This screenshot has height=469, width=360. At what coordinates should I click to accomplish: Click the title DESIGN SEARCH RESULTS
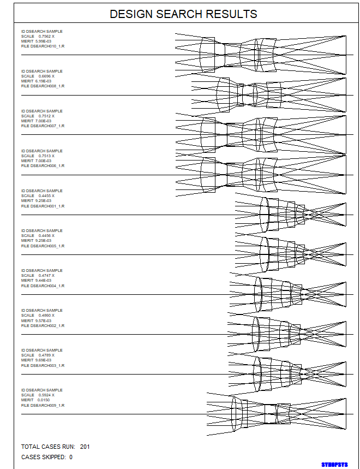pyautogui.click(x=183, y=14)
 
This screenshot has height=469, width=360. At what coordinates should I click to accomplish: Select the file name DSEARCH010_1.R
pyautogui.click(x=47, y=46)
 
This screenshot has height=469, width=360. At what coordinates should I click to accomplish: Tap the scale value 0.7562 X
pyautogui.click(x=46, y=37)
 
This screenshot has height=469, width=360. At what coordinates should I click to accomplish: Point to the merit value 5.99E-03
pyautogui.click(x=43, y=41)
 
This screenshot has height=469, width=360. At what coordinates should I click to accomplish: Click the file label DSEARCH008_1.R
pyautogui.click(x=47, y=86)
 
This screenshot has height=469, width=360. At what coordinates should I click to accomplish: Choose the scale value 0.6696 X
pyautogui.click(x=46, y=76)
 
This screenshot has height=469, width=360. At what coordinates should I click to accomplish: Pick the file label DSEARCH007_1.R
pyautogui.click(x=47, y=126)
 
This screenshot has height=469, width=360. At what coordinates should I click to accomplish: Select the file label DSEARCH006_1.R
pyautogui.click(x=47, y=166)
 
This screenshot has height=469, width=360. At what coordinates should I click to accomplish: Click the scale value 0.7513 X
pyautogui.click(x=46, y=156)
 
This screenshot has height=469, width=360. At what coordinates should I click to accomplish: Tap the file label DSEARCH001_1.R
pyautogui.click(x=47, y=206)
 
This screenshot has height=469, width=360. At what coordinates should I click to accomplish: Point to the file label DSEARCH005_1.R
pyautogui.click(x=47, y=246)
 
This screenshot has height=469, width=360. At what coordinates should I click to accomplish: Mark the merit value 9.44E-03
pyautogui.click(x=43, y=281)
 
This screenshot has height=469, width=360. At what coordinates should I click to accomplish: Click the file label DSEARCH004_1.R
pyautogui.click(x=47, y=286)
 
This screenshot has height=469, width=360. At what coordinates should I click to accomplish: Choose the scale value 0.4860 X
pyautogui.click(x=46, y=316)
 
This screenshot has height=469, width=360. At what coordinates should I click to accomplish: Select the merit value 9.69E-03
pyautogui.click(x=43, y=360)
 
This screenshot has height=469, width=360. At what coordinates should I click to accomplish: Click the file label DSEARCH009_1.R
pyautogui.click(x=47, y=405)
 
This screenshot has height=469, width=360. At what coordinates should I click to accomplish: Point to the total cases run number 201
pyautogui.click(x=85, y=447)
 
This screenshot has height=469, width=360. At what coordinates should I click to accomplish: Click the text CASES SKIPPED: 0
pyautogui.click(x=47, y=457)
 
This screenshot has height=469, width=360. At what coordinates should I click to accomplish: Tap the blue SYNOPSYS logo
pyautogui.click(x=334, y=464)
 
